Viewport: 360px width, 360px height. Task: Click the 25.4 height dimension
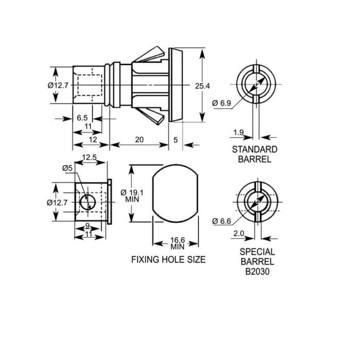tap(202, 86)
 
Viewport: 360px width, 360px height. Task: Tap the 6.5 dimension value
tap(82, 118)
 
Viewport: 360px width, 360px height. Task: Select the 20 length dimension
tap(139, 139)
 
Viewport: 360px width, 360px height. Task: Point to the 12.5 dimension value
tap(89, 157)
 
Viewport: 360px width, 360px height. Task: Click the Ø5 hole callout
tap(67, 168)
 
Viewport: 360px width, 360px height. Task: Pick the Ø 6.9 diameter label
tap(222, 103)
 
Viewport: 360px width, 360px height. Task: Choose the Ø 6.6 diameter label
tap(222, 221)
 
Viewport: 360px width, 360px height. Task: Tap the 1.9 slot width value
tap(239, 133)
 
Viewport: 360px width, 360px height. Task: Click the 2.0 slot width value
tap(239, 233)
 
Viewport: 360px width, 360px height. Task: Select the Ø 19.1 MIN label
tap(132, 195)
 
